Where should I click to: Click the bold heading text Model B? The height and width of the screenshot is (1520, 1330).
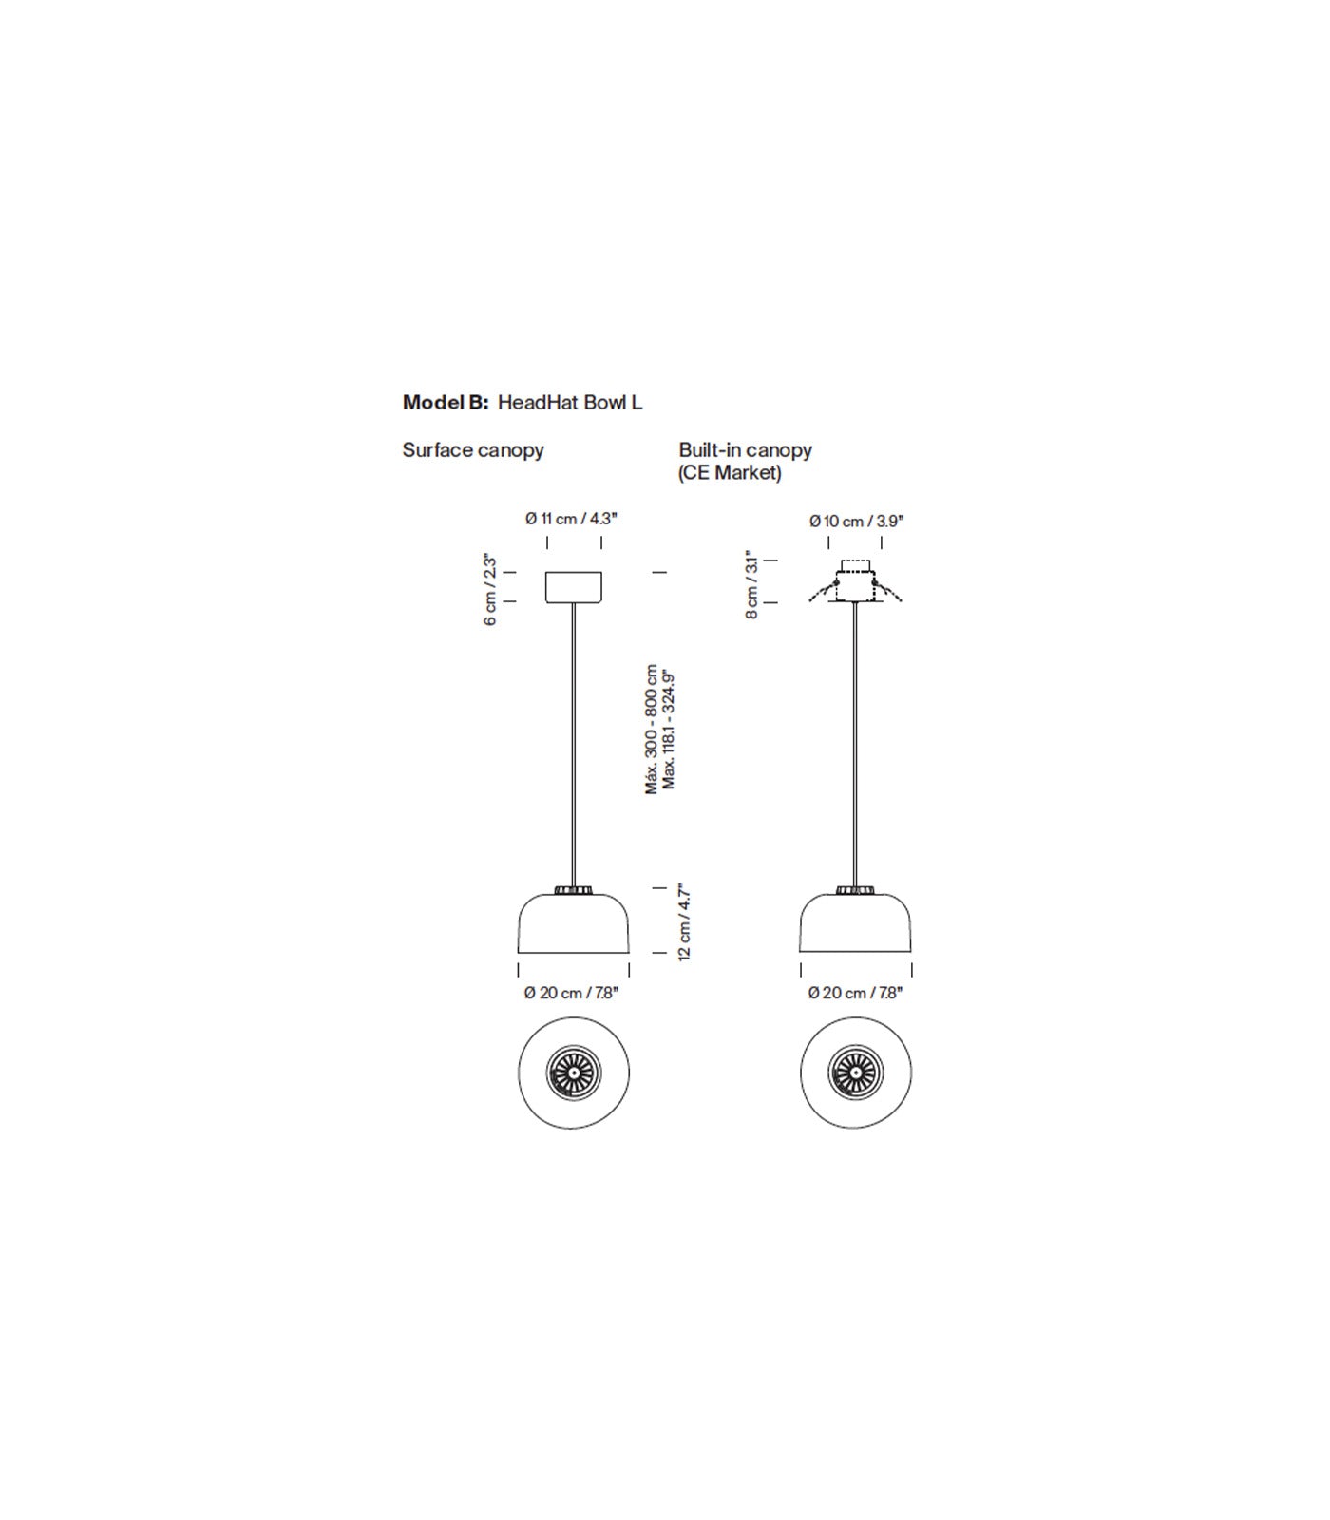(x=446, y=402)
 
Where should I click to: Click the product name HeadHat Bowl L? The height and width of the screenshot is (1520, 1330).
(x=570, y=402)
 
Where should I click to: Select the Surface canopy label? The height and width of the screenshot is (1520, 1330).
(x=473, y=450)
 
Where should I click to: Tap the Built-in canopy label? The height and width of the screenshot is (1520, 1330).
(x=746, y=450)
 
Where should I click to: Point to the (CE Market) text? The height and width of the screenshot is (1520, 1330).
(x=730, y=473)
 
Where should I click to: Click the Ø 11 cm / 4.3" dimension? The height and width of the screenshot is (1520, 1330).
(x=571, y=519)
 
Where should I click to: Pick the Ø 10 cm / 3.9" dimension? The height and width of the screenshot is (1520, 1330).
(x=856, y=521)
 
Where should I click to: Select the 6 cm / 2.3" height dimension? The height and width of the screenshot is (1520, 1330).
(x=490, y=590)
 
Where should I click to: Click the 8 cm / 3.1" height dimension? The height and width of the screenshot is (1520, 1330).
(x=751, y=584)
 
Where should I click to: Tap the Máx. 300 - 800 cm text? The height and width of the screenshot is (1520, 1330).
(x=652, y=729)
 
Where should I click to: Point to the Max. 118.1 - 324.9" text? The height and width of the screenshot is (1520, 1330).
(x=669, y=729)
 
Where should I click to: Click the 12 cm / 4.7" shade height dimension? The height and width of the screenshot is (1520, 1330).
(x=684, y=922)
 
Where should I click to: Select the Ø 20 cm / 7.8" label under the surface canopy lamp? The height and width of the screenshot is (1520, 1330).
(x=571, y=993)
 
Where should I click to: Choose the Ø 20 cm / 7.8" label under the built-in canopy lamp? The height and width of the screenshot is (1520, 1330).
(x=855, y=993)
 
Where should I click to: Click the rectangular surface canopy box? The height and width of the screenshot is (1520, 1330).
(x=574, y=587)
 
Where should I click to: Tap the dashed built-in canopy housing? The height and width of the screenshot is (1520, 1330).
(x=854, y=581)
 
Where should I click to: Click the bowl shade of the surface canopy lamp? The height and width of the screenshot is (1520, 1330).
(x=574, y=922)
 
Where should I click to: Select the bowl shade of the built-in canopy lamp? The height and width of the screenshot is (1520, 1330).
(x=855, y=922)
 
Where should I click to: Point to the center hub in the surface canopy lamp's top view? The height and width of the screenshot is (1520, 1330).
(x=574, y=1073)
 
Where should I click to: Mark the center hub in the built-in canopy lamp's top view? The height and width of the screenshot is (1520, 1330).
(x=855, y=1073)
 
